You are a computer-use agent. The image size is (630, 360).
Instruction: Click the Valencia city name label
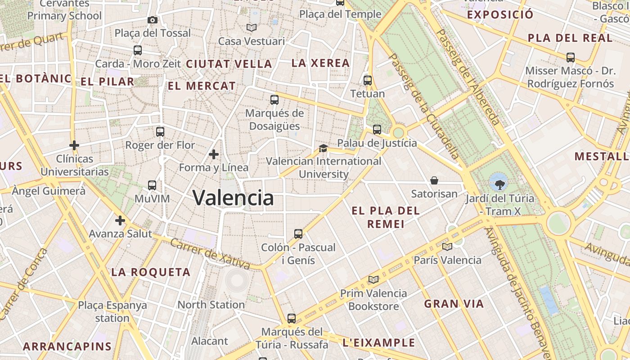point(233,198)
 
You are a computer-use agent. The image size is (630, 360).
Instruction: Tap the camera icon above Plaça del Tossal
point(153,20)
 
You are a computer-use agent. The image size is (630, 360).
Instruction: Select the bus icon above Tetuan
point(368,81)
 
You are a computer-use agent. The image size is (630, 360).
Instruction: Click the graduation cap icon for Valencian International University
point(323,148)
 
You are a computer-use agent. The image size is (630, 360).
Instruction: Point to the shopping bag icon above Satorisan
point(434,180)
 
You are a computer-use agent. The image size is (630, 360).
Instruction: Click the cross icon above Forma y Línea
point(214,155)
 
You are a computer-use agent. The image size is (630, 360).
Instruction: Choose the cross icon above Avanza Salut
point(120,220)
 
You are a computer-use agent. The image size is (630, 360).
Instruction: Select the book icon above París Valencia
point(447,247)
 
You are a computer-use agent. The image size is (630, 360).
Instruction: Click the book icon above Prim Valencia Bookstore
point(373,279)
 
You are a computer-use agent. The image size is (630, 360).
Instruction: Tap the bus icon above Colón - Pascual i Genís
point(298,234)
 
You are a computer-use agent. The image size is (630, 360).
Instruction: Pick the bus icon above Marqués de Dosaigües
point(274,100)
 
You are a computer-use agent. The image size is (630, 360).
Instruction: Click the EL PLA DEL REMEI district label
point(386,217)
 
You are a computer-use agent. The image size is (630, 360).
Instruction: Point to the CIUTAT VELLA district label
point(229,64)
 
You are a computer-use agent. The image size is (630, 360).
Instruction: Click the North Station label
point(211,305)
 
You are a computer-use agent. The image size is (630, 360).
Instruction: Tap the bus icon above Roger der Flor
point(160,132)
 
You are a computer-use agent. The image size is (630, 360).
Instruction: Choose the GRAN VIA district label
point(454,304)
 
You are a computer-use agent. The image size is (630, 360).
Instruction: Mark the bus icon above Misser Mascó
point(571,58)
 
